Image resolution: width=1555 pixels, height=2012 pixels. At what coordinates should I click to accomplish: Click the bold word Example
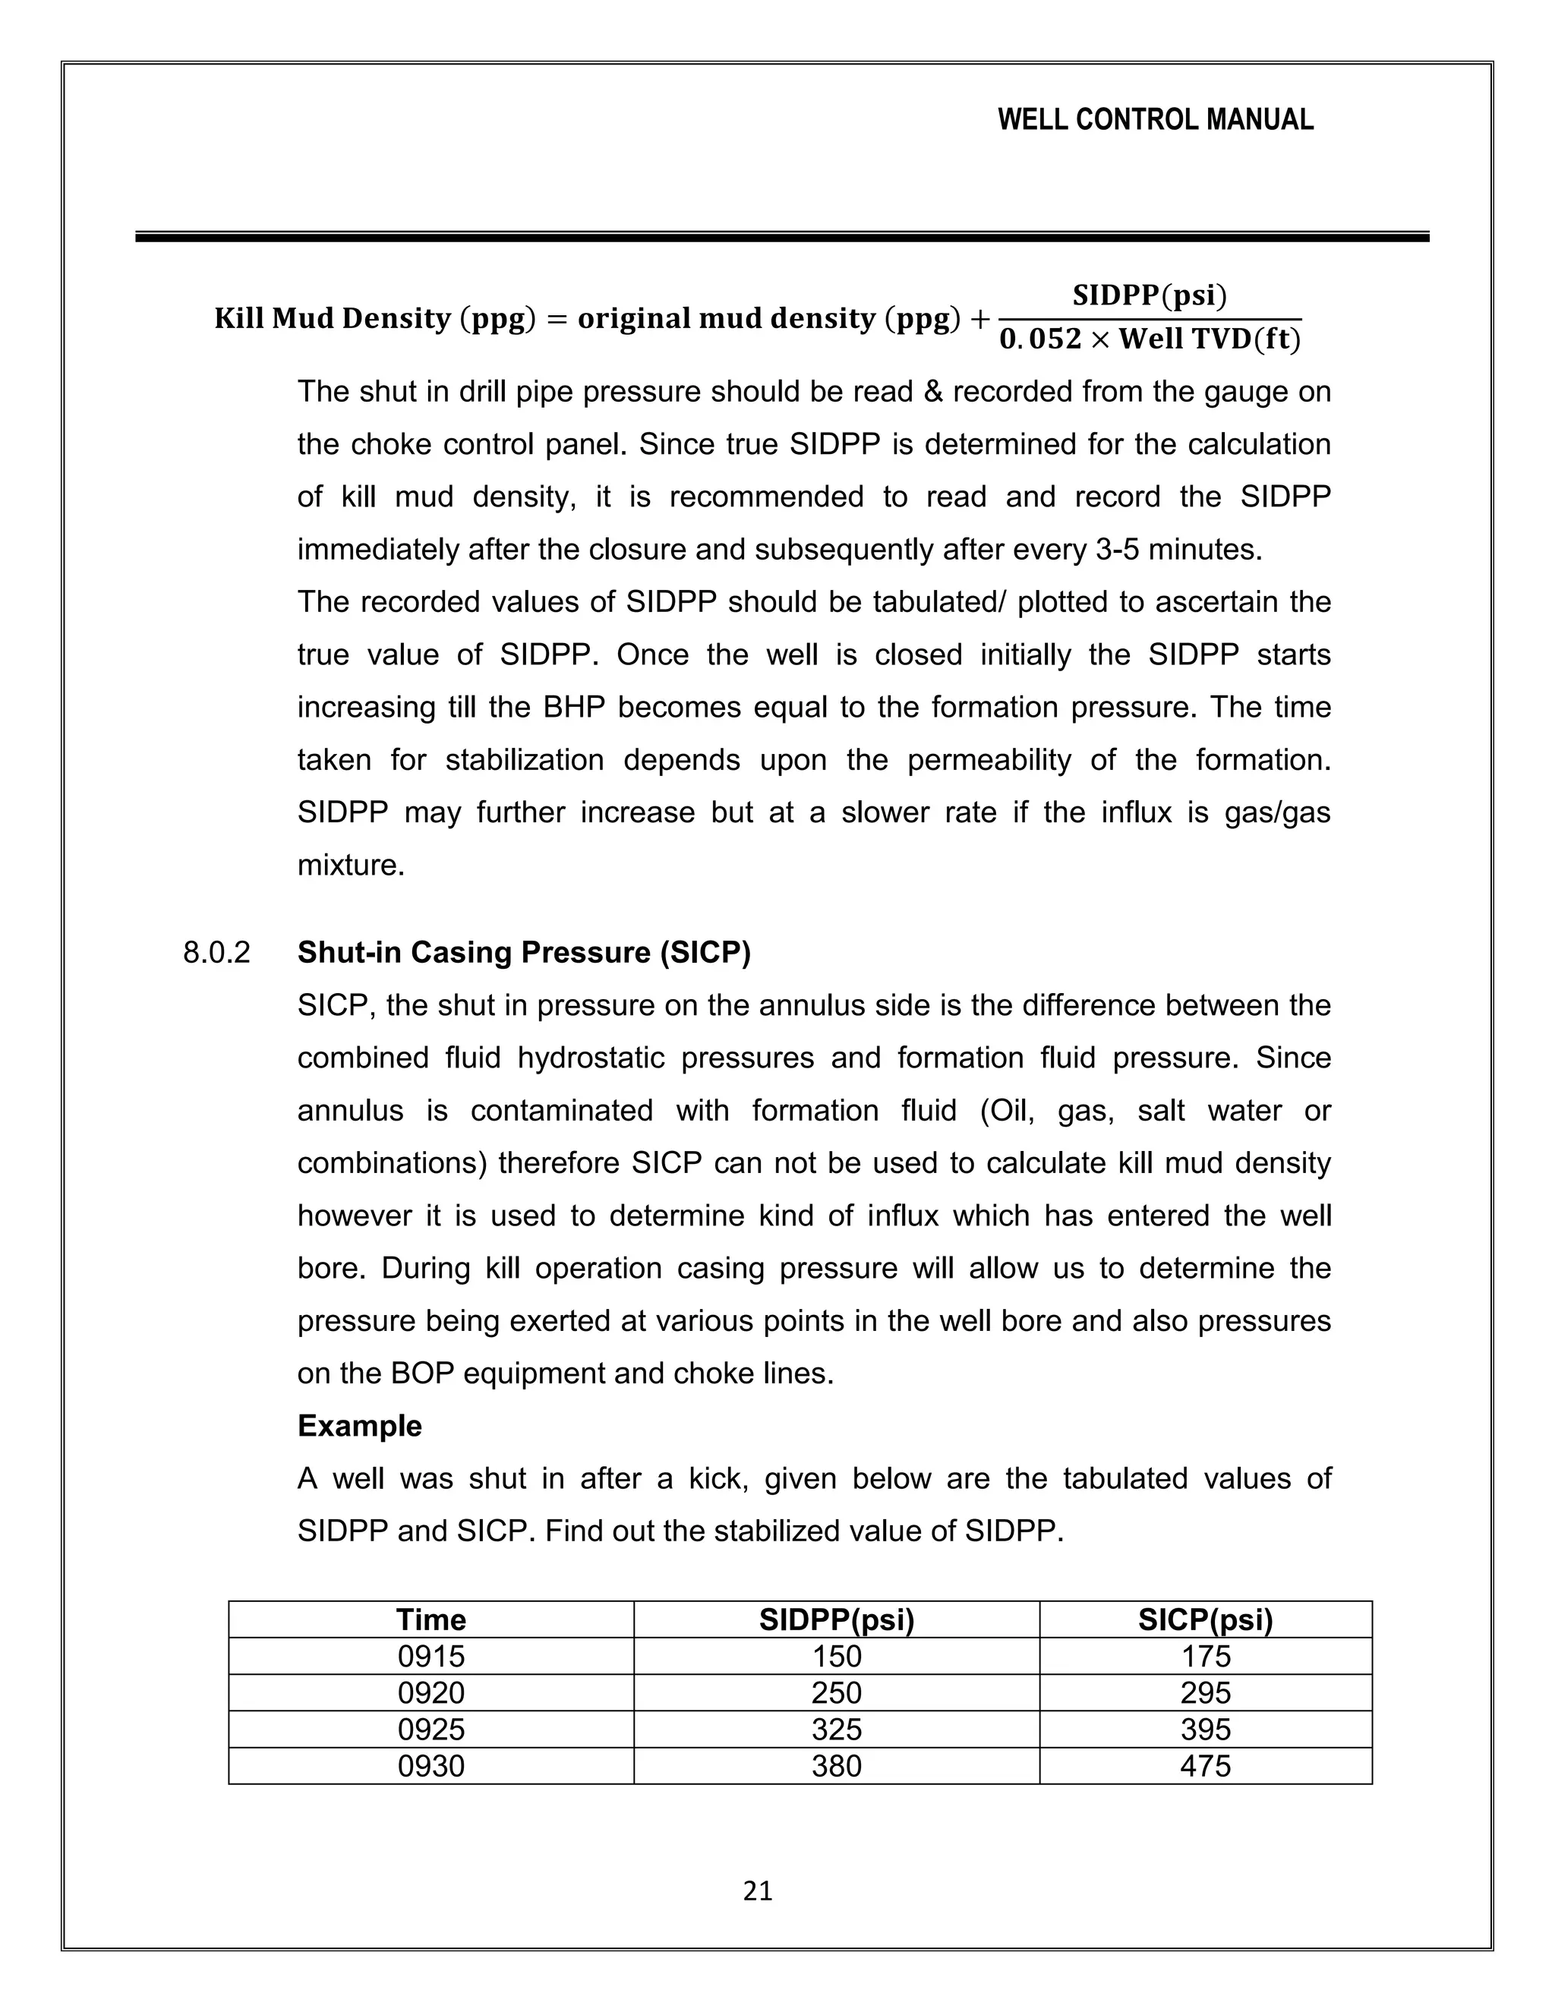pyautogui.click(x=359, y=1426)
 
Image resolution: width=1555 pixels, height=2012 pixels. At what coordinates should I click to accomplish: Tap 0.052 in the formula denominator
pyautogui.click(x=1040, y=340)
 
